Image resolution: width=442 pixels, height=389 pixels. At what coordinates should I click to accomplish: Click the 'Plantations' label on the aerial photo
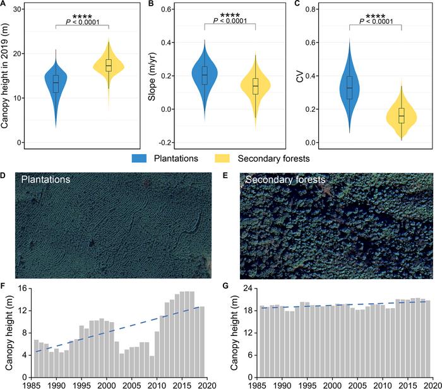[45, 179]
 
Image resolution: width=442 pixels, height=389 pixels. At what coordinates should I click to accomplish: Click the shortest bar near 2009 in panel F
[152, 367]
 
